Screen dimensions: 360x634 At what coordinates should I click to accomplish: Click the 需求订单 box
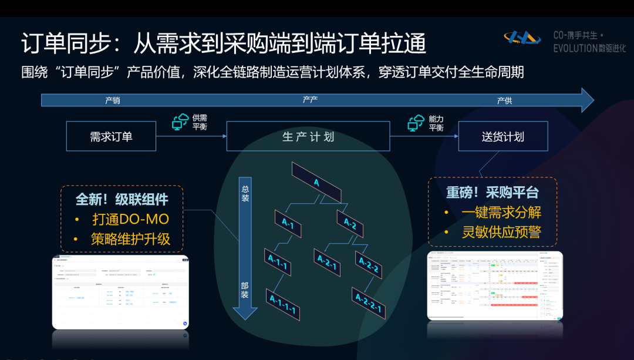[x=111, y=137]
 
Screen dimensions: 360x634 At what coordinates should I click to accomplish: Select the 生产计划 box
[x=308, y=137]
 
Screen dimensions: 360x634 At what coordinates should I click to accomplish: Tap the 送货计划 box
[x=503, y=137]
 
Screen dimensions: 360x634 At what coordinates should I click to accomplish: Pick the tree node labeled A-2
[x=350, y=223]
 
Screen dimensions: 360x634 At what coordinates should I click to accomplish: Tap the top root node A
[x=316, y=181]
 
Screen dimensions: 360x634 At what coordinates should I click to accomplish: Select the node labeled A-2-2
[x=369, y=265]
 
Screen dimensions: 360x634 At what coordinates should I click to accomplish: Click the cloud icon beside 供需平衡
[x=180, y=122]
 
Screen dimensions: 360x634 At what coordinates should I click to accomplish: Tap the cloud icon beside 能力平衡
[x=416, y=122]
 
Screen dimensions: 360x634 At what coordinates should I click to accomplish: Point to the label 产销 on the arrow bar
[x=113, y=100]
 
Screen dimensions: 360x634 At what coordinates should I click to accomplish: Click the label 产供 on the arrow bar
[x=504, y=100]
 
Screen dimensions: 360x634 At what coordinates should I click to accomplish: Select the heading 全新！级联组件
[x=122, y=199]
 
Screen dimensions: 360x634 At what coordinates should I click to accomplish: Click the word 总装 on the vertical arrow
[x=245, y=193]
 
